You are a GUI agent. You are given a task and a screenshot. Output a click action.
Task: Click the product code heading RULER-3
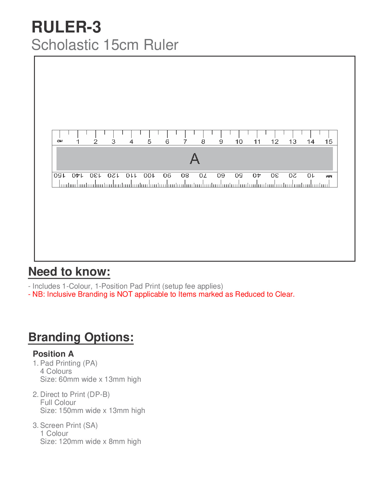pyautogui.click(x=66, y=27)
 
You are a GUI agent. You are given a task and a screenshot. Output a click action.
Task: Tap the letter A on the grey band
pyautogui.click(x=195, y=159)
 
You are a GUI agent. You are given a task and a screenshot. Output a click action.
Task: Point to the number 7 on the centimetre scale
pyautogui.click(x=185, y=142)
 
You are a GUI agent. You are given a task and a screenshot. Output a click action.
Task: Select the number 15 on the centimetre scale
pyautogui.click(x=328, y=142)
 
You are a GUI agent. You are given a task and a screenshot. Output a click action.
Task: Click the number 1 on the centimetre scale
pyautogui.click(x=78, y=142)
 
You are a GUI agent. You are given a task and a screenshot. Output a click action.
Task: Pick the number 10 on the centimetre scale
pyautogui.click(x=239, y=142)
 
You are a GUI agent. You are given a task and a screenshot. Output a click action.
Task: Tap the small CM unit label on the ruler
pyautogui.click(x=60, y=141)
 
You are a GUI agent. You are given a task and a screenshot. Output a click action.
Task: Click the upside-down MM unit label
pyautogui.click(x=329, y=176)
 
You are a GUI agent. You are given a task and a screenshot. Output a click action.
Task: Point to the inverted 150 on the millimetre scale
pyautogui.click(x=60, y=175)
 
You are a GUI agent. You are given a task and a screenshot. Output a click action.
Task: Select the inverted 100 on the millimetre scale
pyautogui.click(x=149, y=175)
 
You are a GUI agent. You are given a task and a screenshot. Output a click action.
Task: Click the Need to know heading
pyautogui.click(x=69, y=272)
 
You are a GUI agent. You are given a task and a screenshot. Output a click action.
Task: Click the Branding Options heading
pyautogui.click(x=81, y=337)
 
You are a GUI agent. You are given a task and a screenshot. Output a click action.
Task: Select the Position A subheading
pyautogui.click(x=53, y=354)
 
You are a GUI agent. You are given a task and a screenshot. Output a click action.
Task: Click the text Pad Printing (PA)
pyautogui.click(x=69, y=363)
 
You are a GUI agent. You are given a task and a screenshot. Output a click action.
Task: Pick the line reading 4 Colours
pyautogui.click(x=56, y=371)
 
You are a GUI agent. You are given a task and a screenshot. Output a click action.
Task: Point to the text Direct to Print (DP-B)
pyautogui.click(x=75, y=394)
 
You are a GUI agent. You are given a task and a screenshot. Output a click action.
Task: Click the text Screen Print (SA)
pyautogui.click(x=69, y=425)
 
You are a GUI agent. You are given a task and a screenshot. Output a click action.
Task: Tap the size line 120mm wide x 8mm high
pyautogui.click(x=90, y=441)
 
